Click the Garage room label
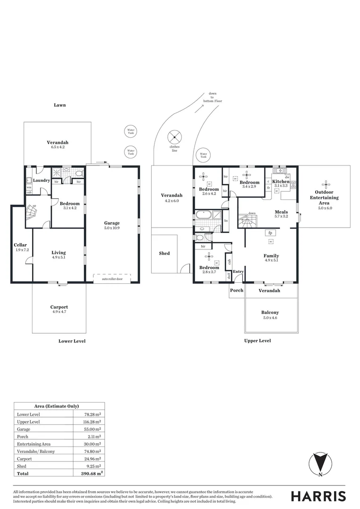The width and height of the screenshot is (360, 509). pos(112,223)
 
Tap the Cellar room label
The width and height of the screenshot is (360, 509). pos(19,245)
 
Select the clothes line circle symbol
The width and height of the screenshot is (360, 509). pos(175,137)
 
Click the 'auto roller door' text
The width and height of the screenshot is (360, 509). pos(112,279)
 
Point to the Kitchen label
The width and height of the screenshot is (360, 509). pos(280,181)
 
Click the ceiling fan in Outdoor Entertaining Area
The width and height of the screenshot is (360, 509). pos(325,184)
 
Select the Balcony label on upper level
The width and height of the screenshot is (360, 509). pos(270,312)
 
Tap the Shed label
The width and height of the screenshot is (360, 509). pos(164,254)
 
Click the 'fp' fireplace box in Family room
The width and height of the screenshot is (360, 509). pos(270,233)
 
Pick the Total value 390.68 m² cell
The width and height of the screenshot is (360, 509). pos(93,473)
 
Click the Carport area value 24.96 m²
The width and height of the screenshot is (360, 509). pos(93,459)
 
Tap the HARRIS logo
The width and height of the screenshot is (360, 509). pos(318,496)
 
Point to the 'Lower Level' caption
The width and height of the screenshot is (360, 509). pos(72,341)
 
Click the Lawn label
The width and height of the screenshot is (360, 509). pos(59,105)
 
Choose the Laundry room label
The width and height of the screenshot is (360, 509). pos(41,181)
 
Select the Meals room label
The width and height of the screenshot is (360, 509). pos(281,212)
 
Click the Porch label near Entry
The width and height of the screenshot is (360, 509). pos(237,290)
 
